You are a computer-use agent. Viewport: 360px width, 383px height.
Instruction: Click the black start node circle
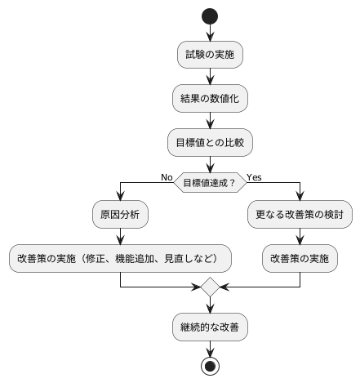(210, 16)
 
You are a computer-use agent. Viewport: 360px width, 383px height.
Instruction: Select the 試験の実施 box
(210, 55)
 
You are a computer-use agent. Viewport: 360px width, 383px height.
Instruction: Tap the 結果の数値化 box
(210, 99)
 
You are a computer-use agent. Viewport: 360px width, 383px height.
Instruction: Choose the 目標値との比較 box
(210, 142)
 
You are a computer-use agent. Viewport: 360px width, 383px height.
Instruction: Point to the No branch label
(167, 176)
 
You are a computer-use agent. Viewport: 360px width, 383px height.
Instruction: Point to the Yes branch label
(254, 176)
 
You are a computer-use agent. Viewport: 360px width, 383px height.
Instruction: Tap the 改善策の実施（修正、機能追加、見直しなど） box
(120, 259)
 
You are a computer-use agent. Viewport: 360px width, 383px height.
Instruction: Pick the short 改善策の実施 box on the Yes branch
(300, 259)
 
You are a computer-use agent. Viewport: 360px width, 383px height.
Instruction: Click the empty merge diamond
(210, 288)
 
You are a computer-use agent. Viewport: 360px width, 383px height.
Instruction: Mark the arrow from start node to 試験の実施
(210, 33)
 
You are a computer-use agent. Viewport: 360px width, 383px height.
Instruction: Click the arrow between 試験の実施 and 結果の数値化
(210, 77)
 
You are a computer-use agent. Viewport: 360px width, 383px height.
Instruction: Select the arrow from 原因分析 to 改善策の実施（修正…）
(120, 237)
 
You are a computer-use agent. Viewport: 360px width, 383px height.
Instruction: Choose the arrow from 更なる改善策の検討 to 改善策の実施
(300, 237)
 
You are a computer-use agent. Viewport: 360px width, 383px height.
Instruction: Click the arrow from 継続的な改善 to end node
(210, 348)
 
